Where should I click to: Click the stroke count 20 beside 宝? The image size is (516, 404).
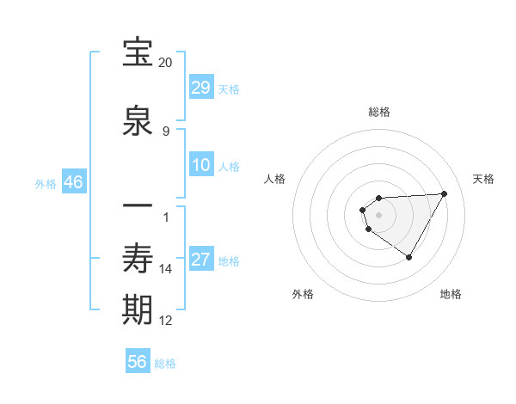(166, 63)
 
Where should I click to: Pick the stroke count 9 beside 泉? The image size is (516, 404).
(166, 131)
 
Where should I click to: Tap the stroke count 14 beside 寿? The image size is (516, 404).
(166, 269)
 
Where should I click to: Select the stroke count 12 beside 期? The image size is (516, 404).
(166, 321)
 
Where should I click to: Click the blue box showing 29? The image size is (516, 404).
(201, 88)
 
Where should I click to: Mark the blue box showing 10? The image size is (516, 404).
(201, 165)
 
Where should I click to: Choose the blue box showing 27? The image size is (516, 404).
(201, 260)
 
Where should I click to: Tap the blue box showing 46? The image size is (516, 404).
(73, 182)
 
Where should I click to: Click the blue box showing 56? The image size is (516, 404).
(138, 362)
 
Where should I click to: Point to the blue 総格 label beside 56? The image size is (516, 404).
(165, 364)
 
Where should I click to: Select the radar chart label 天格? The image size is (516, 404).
(483, 179)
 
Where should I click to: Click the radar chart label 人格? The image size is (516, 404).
(274, 179)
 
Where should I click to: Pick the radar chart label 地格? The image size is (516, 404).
(451, 294)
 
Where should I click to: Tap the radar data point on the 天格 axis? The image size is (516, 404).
(444, 193)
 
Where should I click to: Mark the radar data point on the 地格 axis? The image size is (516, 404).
(408, 257)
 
